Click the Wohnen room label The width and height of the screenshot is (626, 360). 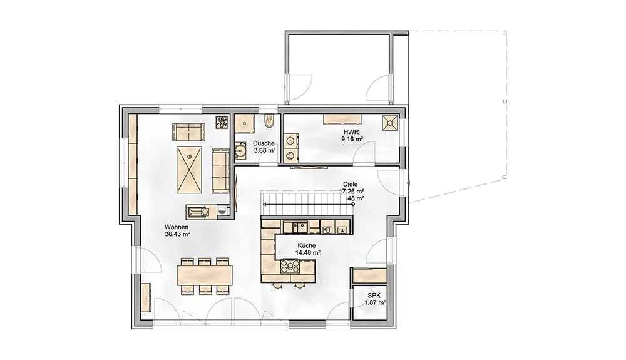177,227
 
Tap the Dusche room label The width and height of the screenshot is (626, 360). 264,143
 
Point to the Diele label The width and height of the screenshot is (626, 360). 350,185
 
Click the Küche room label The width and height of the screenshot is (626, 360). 307,245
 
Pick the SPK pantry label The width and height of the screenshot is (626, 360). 374,296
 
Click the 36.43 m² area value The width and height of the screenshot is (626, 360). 177,234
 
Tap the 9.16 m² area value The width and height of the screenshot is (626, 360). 352,139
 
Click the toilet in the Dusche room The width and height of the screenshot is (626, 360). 269,121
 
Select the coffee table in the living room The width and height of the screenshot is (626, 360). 189,170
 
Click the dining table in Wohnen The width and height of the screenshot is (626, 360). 205,275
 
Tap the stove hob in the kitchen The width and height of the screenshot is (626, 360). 289,266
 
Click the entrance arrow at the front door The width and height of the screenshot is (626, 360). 408,183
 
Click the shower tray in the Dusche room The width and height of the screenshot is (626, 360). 244,124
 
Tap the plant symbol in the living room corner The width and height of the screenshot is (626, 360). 222,123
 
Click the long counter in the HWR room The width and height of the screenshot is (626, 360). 342,120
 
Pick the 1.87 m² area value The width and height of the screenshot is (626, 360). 374,302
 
